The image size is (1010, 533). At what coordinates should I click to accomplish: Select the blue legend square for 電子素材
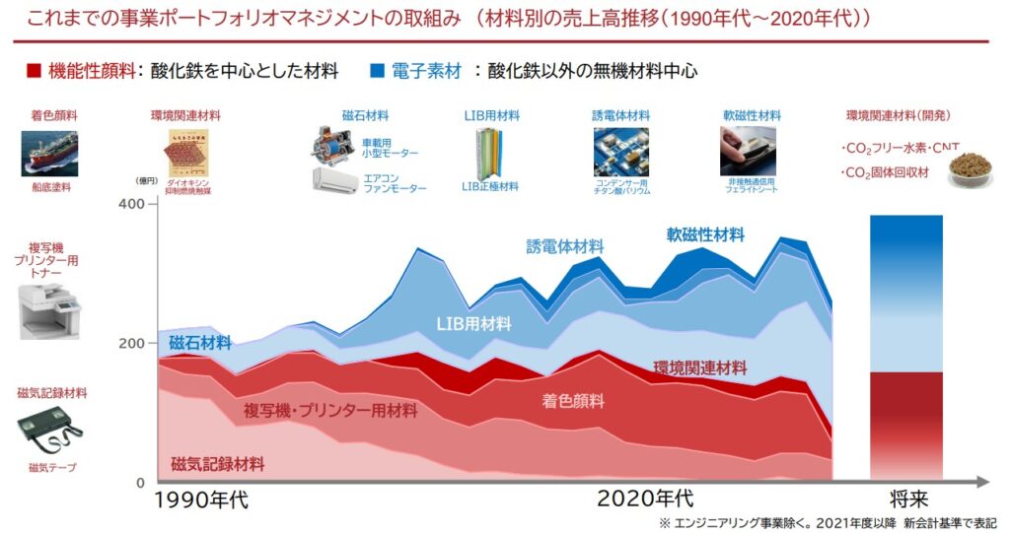tap(377, 71)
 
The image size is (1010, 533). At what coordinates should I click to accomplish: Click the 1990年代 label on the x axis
tap(202, 500)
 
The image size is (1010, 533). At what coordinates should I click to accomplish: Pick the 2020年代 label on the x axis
tap(645, 500)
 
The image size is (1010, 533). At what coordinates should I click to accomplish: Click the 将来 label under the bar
tap(906, 500)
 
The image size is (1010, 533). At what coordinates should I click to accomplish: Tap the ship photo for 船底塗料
tap(49, 154)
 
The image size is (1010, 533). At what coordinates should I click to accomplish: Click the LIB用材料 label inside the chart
tap(473, 323)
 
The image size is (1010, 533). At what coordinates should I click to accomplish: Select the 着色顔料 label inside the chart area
tap(573, 401)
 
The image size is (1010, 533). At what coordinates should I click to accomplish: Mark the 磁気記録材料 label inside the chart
tap(217, 464)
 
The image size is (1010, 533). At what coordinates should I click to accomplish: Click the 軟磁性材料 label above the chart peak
tap(705, 234)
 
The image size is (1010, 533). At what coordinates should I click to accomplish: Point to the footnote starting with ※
tap(828, 521)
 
